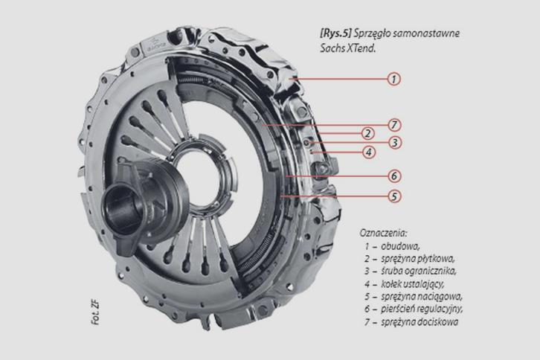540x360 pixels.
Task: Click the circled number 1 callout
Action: coord(394,79)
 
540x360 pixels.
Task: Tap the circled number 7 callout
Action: coord(394,125)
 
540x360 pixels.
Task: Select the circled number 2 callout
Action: coord(367,133)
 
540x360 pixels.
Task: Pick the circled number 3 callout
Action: coord(395,142)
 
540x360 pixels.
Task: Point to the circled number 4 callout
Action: coord(369,152)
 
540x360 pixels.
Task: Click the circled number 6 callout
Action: coord(394,176)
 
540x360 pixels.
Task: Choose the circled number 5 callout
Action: coord(394,196)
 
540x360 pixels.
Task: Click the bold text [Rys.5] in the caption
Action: coord(335,33)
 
